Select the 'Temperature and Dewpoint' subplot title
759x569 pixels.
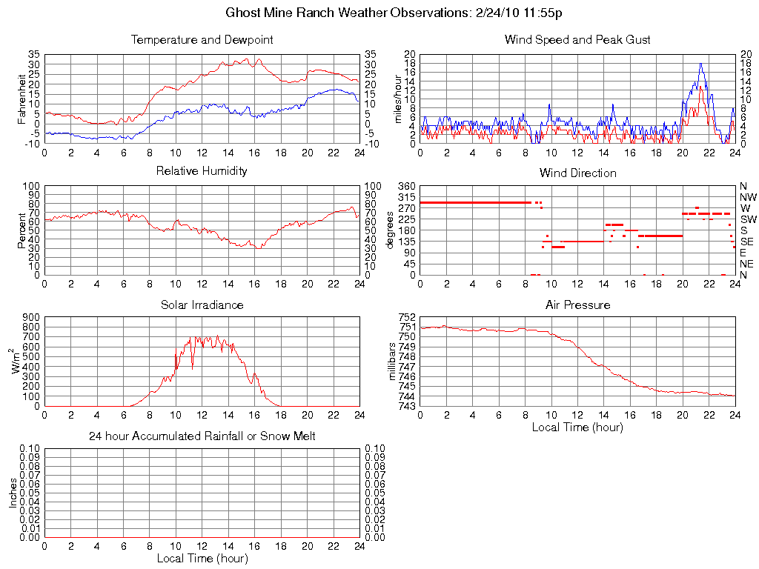pos(202,40)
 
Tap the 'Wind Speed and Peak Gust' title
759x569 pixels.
pos(577,40)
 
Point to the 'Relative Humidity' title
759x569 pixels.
pos(202,171)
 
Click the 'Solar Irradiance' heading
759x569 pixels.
pos(202,305)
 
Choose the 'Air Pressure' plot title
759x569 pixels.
pos(577,305)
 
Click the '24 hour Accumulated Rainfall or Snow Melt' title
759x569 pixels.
pos(202,436)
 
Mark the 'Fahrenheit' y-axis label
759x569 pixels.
pos(21,99)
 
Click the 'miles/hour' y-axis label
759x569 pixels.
pos(400,99)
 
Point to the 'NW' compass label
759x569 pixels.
pos(748,197)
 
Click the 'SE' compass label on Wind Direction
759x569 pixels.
pos(746,242)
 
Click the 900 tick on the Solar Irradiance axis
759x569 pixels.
pos(31,316)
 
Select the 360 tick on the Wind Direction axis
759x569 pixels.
pos(405,185)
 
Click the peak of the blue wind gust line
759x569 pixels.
pos(700,64)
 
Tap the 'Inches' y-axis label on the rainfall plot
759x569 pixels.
pos(13,493)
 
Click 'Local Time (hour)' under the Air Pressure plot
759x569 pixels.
pos(577,427)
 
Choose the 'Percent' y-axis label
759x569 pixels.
pos(21,230)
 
